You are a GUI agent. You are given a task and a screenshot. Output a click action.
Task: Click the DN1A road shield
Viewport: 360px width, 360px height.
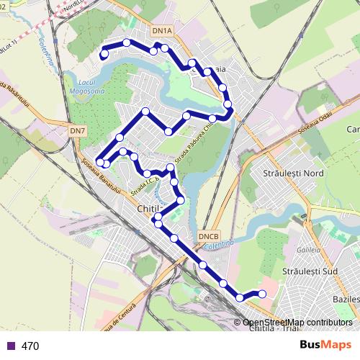click(x=163, y=31)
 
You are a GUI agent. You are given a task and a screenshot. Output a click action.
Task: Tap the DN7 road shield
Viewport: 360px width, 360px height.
click(x=78, y=130)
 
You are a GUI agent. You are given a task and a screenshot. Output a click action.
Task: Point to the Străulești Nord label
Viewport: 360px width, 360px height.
click(x=294, y=174)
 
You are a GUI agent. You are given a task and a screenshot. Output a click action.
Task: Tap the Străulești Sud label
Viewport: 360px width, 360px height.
click(x=310, y=271)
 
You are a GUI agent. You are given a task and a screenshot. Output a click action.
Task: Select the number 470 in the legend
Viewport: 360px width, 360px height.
click(x=30, y=346)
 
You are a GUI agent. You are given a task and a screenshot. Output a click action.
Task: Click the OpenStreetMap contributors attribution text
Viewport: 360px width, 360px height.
click(x=297, y=323)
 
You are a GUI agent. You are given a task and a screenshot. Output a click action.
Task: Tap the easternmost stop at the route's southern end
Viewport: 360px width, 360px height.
click(x=261, y=293)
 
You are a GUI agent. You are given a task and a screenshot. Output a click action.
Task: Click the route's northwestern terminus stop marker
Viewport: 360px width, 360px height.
click(x=104, y=54)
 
